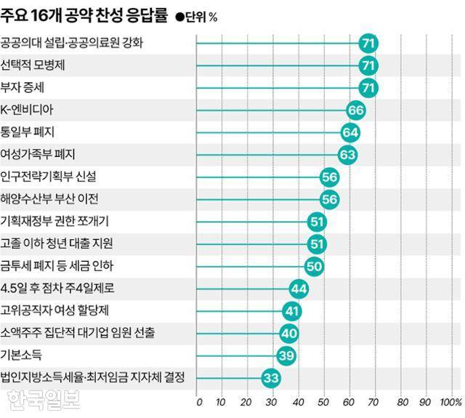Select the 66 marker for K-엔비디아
[x=355, y=110]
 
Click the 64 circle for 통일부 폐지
[x=351, y=132]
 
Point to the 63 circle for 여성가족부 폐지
[x=348, y=154]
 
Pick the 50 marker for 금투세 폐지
[x=315, y=266]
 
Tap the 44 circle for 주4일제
[x=299, y=289]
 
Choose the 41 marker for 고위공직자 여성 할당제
[x=291, y=311]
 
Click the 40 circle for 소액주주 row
[x=289, y=333]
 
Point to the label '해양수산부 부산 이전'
[x=49, y=199]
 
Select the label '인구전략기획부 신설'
[x=48, y=177]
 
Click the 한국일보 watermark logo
[x=44, y=399]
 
